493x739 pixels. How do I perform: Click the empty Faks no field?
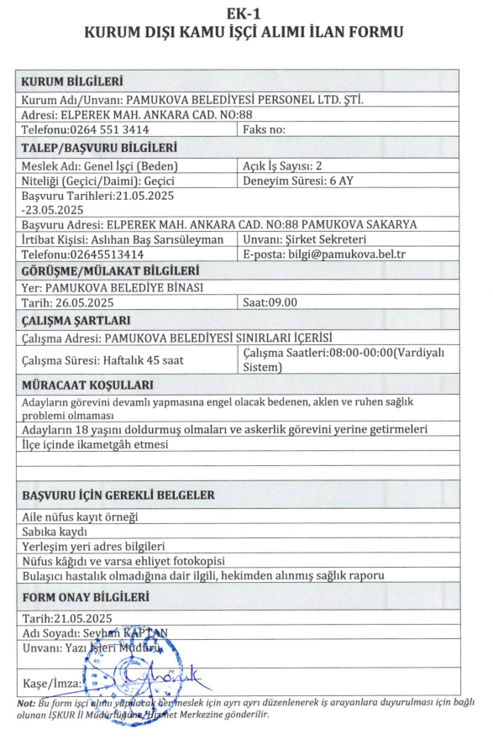pos(264,129)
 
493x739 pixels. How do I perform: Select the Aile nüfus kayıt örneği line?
pos(79,516)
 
